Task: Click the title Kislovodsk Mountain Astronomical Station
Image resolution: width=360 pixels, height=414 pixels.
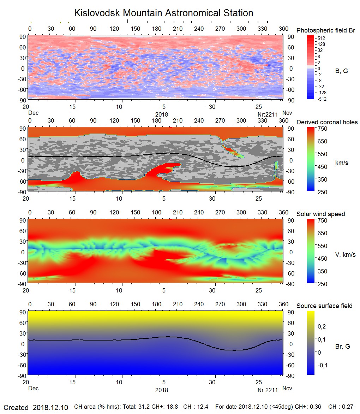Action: pos(163,13)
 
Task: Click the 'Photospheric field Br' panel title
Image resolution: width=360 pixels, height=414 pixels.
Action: pos(326,30)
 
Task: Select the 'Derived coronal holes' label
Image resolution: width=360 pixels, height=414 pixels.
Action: pos(327,122)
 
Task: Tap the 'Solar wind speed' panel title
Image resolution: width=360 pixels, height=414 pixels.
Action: pos(320,214)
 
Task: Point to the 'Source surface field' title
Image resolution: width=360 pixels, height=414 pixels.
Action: pos(324,306)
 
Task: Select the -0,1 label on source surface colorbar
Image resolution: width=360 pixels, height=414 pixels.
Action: pos(322,365)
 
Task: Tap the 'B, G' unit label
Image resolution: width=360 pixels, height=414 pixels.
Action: pos(341,71)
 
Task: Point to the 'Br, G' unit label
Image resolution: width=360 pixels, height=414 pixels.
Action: pos(342,347)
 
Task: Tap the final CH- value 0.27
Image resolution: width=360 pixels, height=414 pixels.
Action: pos(348,407)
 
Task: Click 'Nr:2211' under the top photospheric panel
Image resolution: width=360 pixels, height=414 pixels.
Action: pos(268,114)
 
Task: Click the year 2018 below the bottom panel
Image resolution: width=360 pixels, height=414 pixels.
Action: pos(162,390)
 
